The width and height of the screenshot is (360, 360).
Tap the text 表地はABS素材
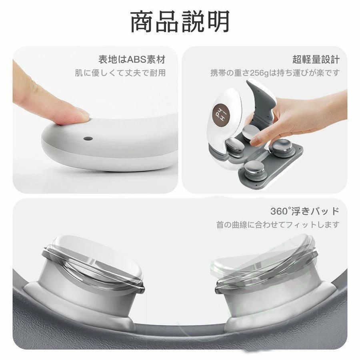[x=132, y=60]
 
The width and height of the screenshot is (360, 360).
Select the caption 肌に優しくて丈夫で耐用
[x=120, y=73]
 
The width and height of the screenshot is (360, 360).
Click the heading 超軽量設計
[x=316, y=60]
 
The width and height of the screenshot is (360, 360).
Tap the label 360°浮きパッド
[x=305, y=211]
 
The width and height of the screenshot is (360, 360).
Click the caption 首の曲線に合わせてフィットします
[x=278, y=224]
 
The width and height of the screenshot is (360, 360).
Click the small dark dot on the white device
[x=88, y=139]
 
